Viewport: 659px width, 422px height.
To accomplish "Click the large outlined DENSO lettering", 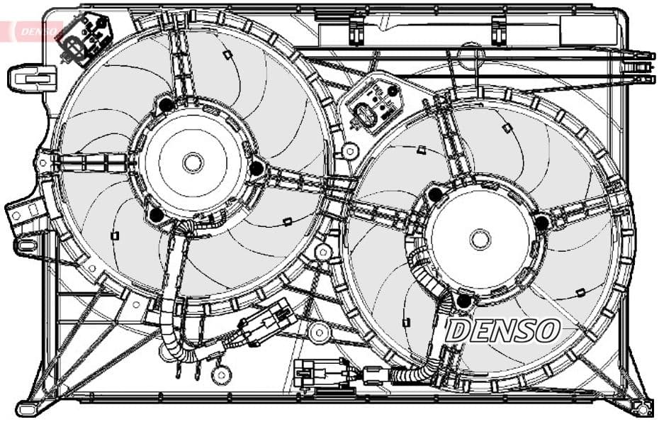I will [505, 329].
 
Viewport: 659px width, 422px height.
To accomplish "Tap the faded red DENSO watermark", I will [32, 30].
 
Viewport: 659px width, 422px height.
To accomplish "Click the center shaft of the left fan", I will [193, 162].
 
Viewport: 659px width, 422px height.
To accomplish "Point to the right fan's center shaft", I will [480, 239].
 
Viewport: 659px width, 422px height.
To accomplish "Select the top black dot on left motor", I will [167, 106].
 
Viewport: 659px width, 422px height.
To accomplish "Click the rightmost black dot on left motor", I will [257, 168].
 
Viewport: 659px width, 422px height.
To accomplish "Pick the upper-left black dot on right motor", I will [436, 193].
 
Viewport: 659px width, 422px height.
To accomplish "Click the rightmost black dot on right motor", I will [542, 223].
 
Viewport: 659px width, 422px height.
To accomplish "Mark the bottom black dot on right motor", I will [464, 301].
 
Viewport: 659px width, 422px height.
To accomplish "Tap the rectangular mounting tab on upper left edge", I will [33, 76].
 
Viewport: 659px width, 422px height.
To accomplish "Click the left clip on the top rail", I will [356, 28].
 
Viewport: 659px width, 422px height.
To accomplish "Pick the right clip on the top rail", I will [500, 28].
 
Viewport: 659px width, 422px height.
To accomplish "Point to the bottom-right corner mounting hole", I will [642, 409].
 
